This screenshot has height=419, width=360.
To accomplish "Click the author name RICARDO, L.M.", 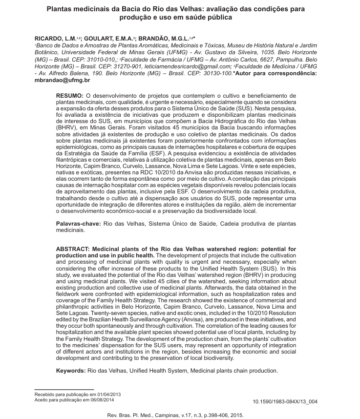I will point(52,38).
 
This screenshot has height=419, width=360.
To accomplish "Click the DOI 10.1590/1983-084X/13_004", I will point(285,402).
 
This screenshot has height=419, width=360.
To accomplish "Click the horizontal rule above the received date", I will point(63,390).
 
